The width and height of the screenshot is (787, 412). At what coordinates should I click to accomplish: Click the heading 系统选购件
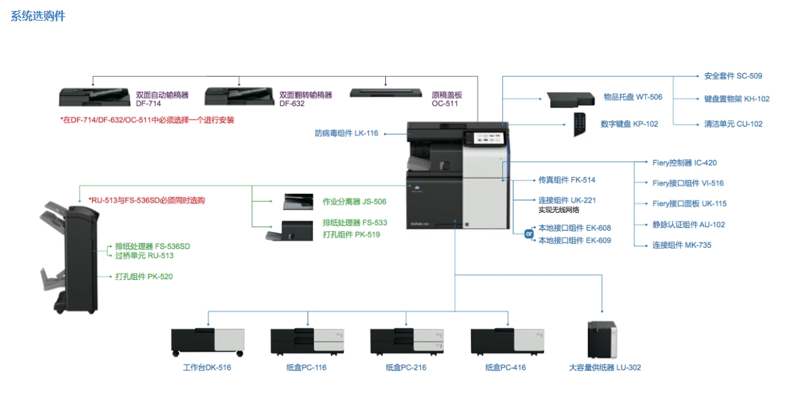[38, 16]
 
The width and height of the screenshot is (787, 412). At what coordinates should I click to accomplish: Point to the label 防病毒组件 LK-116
[346, 133]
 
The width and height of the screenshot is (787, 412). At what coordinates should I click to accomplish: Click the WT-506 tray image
[571, 99]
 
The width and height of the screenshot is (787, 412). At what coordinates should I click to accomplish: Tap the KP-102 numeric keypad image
[581, 125]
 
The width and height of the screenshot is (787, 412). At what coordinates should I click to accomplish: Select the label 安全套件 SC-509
[733, 76]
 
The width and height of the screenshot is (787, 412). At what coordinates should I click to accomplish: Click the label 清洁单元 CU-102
[733, 124]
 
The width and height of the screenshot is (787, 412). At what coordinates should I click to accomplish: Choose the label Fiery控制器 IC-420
[684, 163]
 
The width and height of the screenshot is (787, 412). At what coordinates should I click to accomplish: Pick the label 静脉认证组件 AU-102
[688, 224]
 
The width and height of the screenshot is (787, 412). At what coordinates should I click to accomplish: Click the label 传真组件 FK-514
[567, 180]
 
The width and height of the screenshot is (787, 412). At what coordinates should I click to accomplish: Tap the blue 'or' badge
[528, 234]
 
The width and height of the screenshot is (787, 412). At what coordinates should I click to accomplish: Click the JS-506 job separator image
[298, 201]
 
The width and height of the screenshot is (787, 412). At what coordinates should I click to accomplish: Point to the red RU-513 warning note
[146, 201]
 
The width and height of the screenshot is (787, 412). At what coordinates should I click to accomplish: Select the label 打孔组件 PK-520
[144, 276]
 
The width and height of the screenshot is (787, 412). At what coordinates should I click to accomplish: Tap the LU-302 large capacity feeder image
[602, 339]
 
